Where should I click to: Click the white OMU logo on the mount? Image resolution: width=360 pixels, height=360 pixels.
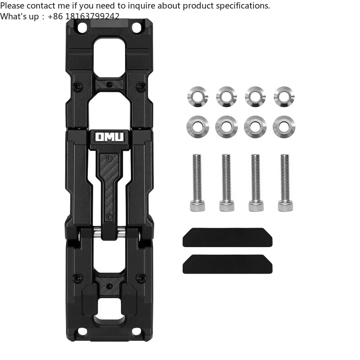pos(111,137)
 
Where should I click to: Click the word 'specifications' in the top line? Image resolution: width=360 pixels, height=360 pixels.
pos(243,5)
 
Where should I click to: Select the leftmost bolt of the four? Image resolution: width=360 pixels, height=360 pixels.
pos(197,182)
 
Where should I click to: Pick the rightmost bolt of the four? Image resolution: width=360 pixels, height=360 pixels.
pos(284,182)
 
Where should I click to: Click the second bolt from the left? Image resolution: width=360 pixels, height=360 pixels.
pos(226,182)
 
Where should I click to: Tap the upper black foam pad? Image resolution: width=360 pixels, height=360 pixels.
pos(227,237)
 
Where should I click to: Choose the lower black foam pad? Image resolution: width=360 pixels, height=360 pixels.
pos(227,264)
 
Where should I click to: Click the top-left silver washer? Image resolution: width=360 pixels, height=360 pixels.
pos(198,96)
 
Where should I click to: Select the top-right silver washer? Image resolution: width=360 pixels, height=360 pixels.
pos(284,96)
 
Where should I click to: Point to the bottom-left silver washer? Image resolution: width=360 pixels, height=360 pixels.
pos(198,127)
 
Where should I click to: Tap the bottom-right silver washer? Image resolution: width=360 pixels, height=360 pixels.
pos(284,127)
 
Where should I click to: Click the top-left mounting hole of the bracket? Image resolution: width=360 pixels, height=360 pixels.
pos(82,27)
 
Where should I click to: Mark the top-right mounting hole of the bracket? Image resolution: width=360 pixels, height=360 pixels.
pos(136,27)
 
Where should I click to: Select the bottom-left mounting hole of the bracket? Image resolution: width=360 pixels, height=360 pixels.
pos(82,332)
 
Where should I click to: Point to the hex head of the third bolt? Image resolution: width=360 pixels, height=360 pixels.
pos(255,206)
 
